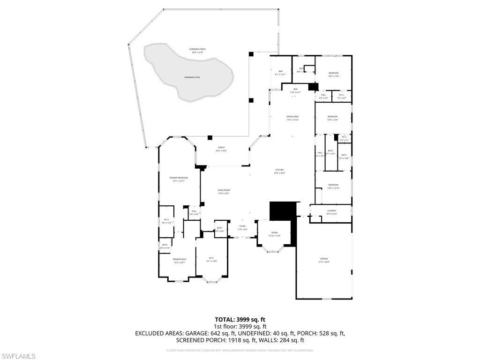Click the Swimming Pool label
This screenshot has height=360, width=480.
(x=192, y=77)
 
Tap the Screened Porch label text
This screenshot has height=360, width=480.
(x=197, y=49)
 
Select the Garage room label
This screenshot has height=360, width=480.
(x=324, y=259)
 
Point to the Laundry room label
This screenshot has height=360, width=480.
(x=331, y=211)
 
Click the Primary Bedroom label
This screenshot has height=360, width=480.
(x=179, y=178)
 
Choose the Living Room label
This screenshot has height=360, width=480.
(x=224, y=190)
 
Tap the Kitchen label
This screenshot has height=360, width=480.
(x=279, y=170)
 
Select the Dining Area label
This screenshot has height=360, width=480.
(x=292, y=117)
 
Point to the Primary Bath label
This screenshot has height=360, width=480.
(x=180, y=260)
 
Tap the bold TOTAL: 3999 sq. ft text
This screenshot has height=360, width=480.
(x=240, y=319)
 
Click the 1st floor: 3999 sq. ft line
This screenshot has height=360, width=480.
(x=240, y=326)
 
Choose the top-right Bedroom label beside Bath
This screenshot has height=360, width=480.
(x=333, y=73)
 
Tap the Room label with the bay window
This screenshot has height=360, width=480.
(x=274, y=233)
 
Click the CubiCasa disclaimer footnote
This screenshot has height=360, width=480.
(x=240, y=350)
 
